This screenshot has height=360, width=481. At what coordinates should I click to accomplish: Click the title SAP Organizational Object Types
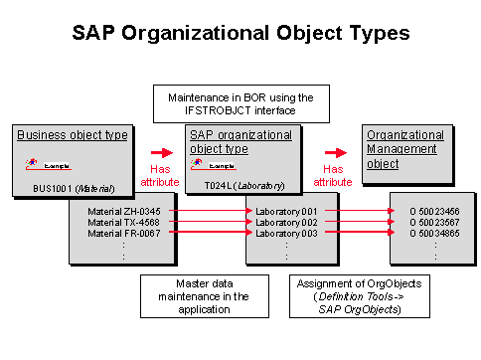[x=240, y=32]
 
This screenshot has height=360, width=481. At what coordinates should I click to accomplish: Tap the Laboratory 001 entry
[x=285, y=212]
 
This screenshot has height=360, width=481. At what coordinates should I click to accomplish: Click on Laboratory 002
[x=285, y=222]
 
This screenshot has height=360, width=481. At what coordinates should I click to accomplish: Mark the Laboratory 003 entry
[x=285, y=232]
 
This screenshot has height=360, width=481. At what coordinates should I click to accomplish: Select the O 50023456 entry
[x=427, y=212]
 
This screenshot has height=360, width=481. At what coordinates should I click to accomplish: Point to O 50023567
[x=427, y=222]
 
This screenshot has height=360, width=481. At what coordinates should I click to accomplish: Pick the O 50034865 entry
[x=427, y=232]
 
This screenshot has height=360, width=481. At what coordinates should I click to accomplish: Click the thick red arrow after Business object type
[x=161, y=155]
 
